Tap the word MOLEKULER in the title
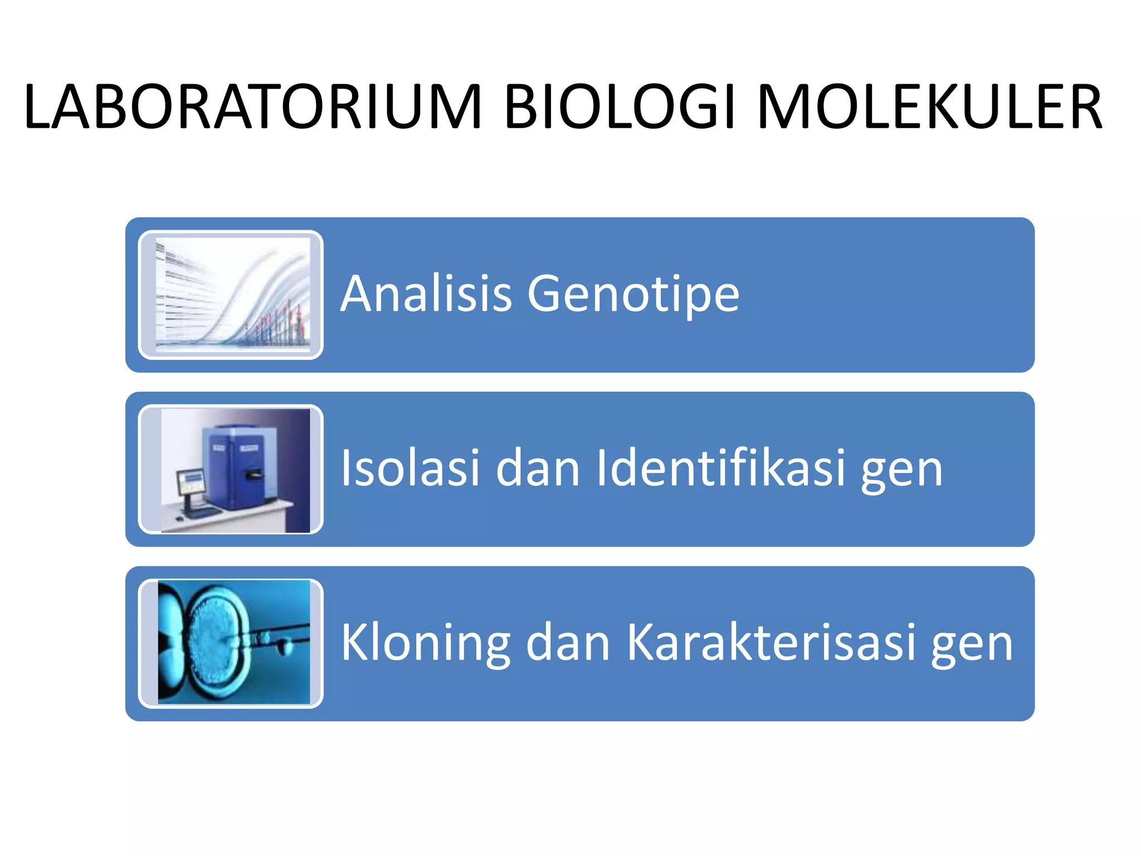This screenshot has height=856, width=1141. point(929,107)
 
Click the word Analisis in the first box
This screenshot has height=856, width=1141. point(426,294)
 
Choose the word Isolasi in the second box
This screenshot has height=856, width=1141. point(410,468)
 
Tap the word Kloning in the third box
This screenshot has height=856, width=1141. point(426,643)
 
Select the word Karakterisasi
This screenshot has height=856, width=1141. point(771,643)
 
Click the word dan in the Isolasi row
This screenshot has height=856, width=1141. point(538,468)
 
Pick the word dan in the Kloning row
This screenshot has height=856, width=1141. point(568,643)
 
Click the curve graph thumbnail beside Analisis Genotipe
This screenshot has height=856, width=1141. point(232,295)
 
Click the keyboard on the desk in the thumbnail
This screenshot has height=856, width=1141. point(202,513)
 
